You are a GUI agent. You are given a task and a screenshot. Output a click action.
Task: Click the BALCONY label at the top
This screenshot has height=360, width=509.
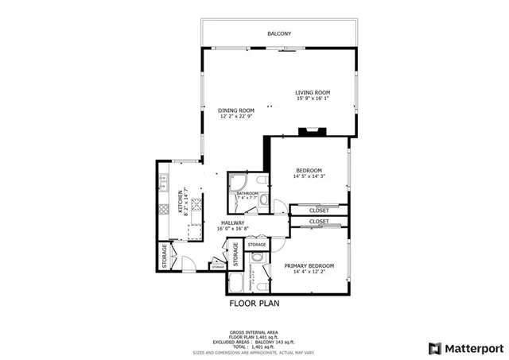click(278, 33)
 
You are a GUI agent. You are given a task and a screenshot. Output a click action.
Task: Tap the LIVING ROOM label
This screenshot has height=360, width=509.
click(313, 92)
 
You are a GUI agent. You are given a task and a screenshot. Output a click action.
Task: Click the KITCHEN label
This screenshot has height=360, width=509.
click(181, 203)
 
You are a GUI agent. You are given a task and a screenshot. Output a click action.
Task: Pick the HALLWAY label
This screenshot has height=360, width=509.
click(232, 223)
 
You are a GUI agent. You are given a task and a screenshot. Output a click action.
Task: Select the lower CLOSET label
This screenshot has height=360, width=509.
click(319, 222)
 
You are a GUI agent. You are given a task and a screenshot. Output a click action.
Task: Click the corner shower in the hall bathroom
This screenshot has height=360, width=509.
click(237, 183)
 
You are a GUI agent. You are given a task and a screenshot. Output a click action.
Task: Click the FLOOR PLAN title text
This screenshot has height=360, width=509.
click(254, 303)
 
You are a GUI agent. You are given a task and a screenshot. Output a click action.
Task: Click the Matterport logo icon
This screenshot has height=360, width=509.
click(433, 348)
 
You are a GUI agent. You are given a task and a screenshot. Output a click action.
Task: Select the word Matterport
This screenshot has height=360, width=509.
click(473, 348)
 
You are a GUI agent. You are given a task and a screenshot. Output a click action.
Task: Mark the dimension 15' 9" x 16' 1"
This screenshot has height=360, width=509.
click(313, 99)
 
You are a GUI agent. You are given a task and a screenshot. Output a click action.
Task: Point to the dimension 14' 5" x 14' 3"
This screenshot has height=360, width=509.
click(309, 176)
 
